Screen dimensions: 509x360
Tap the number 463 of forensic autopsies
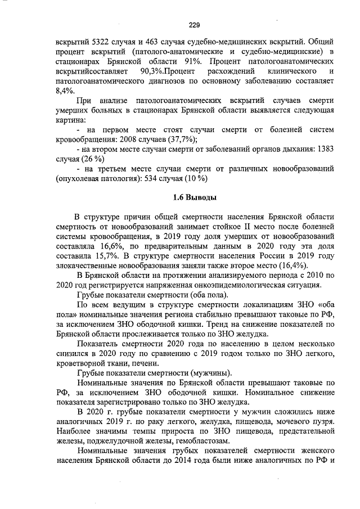(x=174, y=42)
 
